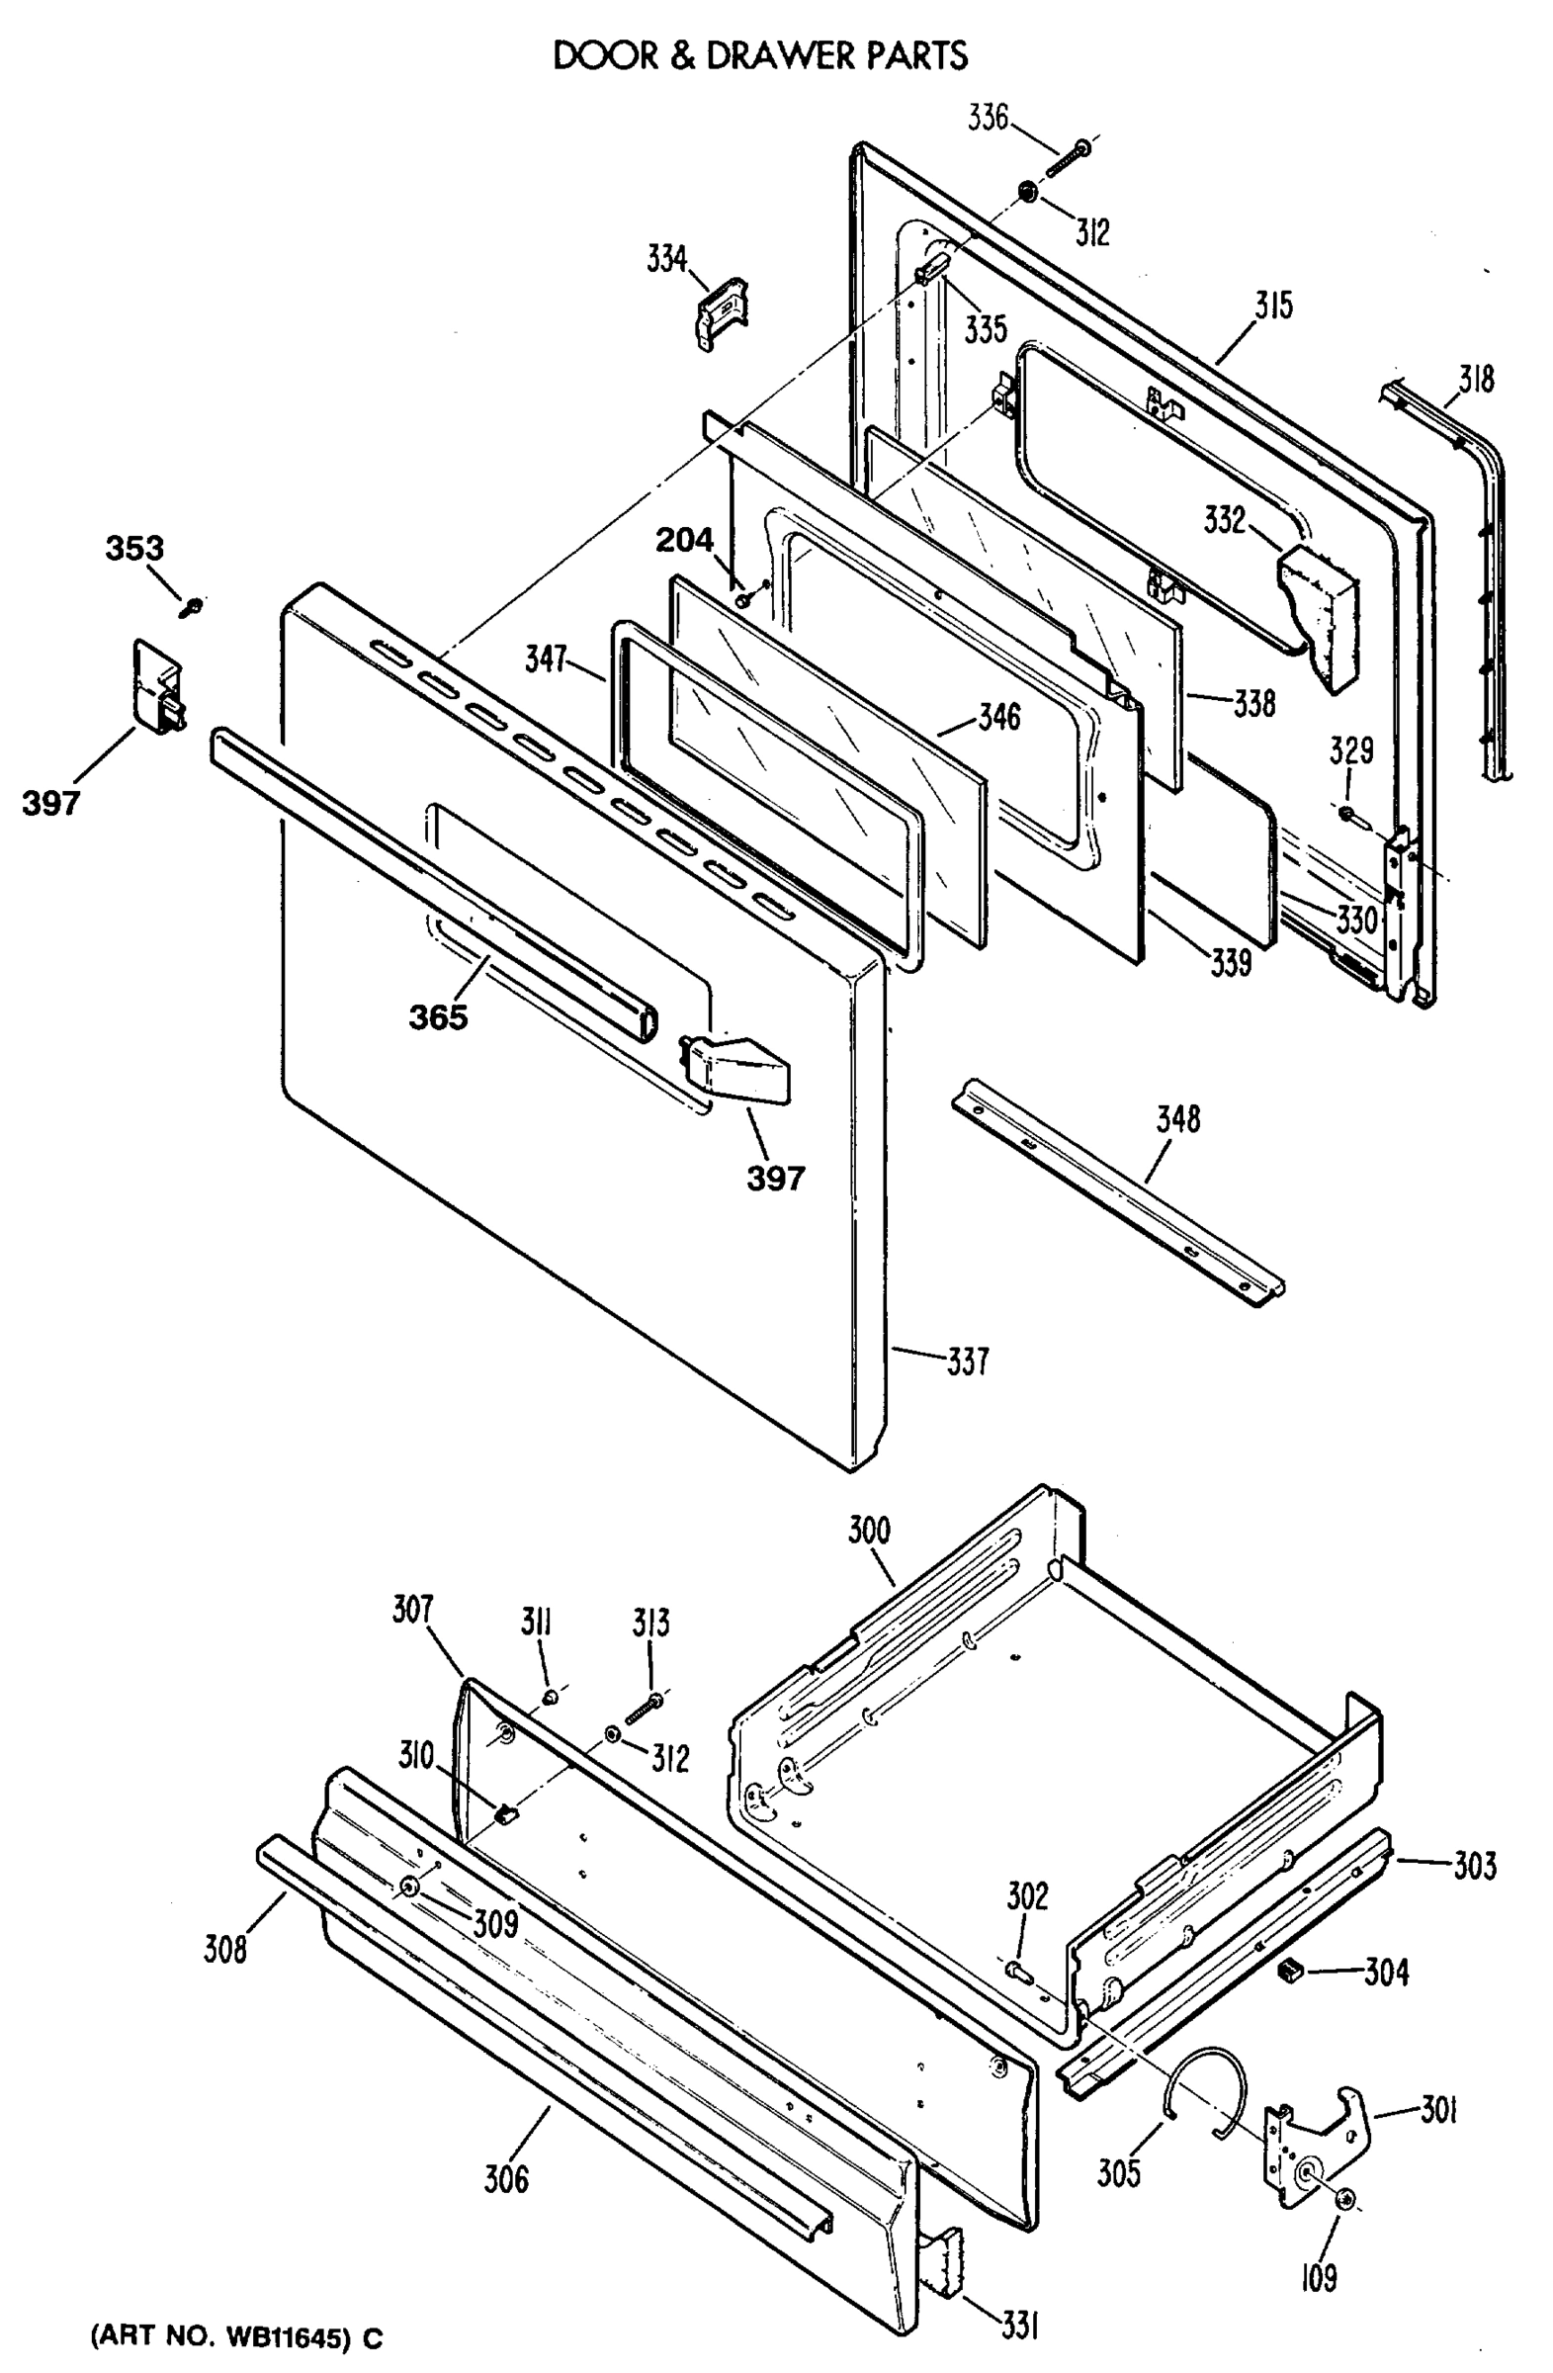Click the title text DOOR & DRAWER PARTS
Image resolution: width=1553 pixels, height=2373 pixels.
point(759,55)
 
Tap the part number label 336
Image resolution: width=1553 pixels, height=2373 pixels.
point(988,118)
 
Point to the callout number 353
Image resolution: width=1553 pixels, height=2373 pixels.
point(134,548)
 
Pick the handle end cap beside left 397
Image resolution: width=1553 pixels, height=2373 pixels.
point(158,689)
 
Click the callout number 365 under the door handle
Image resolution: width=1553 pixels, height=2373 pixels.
point(438,1017)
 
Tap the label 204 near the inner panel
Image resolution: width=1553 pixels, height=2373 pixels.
point(684,541)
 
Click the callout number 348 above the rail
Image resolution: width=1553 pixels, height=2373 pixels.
point(1177,1118)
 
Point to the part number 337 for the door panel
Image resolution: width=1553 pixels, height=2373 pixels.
point(966,1361)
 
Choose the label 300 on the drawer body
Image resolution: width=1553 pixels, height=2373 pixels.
point(868,1530)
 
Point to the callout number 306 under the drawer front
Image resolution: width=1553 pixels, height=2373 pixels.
point(506,2179)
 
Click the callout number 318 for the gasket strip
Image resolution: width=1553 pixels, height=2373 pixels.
point(1476,379)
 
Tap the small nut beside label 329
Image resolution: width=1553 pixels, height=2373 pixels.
point(1347,815)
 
